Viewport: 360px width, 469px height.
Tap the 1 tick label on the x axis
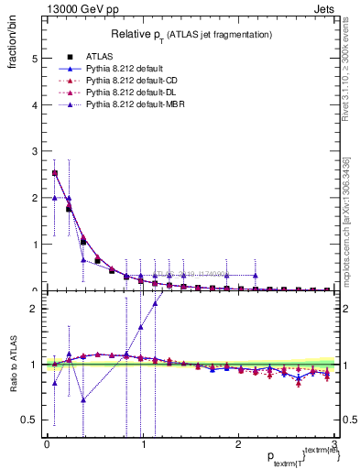tap(143, 443)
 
